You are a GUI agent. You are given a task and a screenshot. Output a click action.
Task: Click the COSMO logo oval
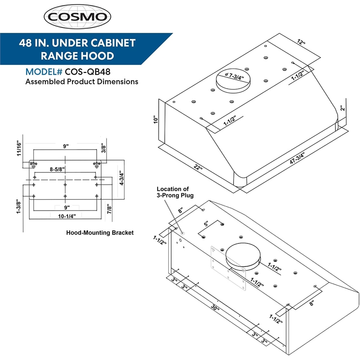click(77, 17)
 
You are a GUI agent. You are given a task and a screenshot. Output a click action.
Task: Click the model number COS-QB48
click(88, 72)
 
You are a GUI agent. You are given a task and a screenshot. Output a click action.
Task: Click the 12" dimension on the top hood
click(301, 42)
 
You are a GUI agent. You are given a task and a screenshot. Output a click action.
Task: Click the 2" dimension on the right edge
click(343, 108)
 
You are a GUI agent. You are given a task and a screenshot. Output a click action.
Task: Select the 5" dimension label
click(207, 224)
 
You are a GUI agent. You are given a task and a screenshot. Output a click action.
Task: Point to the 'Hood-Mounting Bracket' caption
click(99, 233)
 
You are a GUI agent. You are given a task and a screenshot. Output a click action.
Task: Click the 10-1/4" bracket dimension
click(66, 216)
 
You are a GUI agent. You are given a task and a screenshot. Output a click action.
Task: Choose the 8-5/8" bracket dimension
click(57, 169)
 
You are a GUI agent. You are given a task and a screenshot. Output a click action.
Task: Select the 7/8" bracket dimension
click(109, 209)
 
